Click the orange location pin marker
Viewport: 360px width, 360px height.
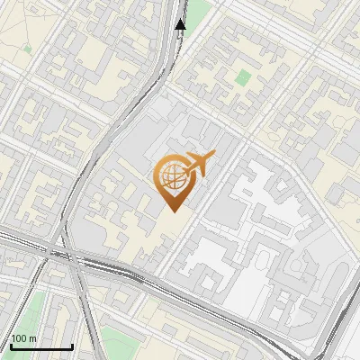[x=174, y=180]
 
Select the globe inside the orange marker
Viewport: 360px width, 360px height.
[x=171, y=175]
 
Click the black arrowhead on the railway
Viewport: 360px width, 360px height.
[x=180, y=24]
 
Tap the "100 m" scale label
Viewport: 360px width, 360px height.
[x=23, y=338]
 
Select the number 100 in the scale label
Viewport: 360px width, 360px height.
[x=19, y=338]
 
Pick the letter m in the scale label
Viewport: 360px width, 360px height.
[x=32, y=338]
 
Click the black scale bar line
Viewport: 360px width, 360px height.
[x=40, y=347]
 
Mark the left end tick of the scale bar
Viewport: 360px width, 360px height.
[x=10, y=346]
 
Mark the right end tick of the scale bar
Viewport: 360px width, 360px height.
[x=72, y=346]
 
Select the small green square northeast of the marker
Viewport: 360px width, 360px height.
[x=240, y=76]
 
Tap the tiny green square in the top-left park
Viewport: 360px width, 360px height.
[x=27, y=49]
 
